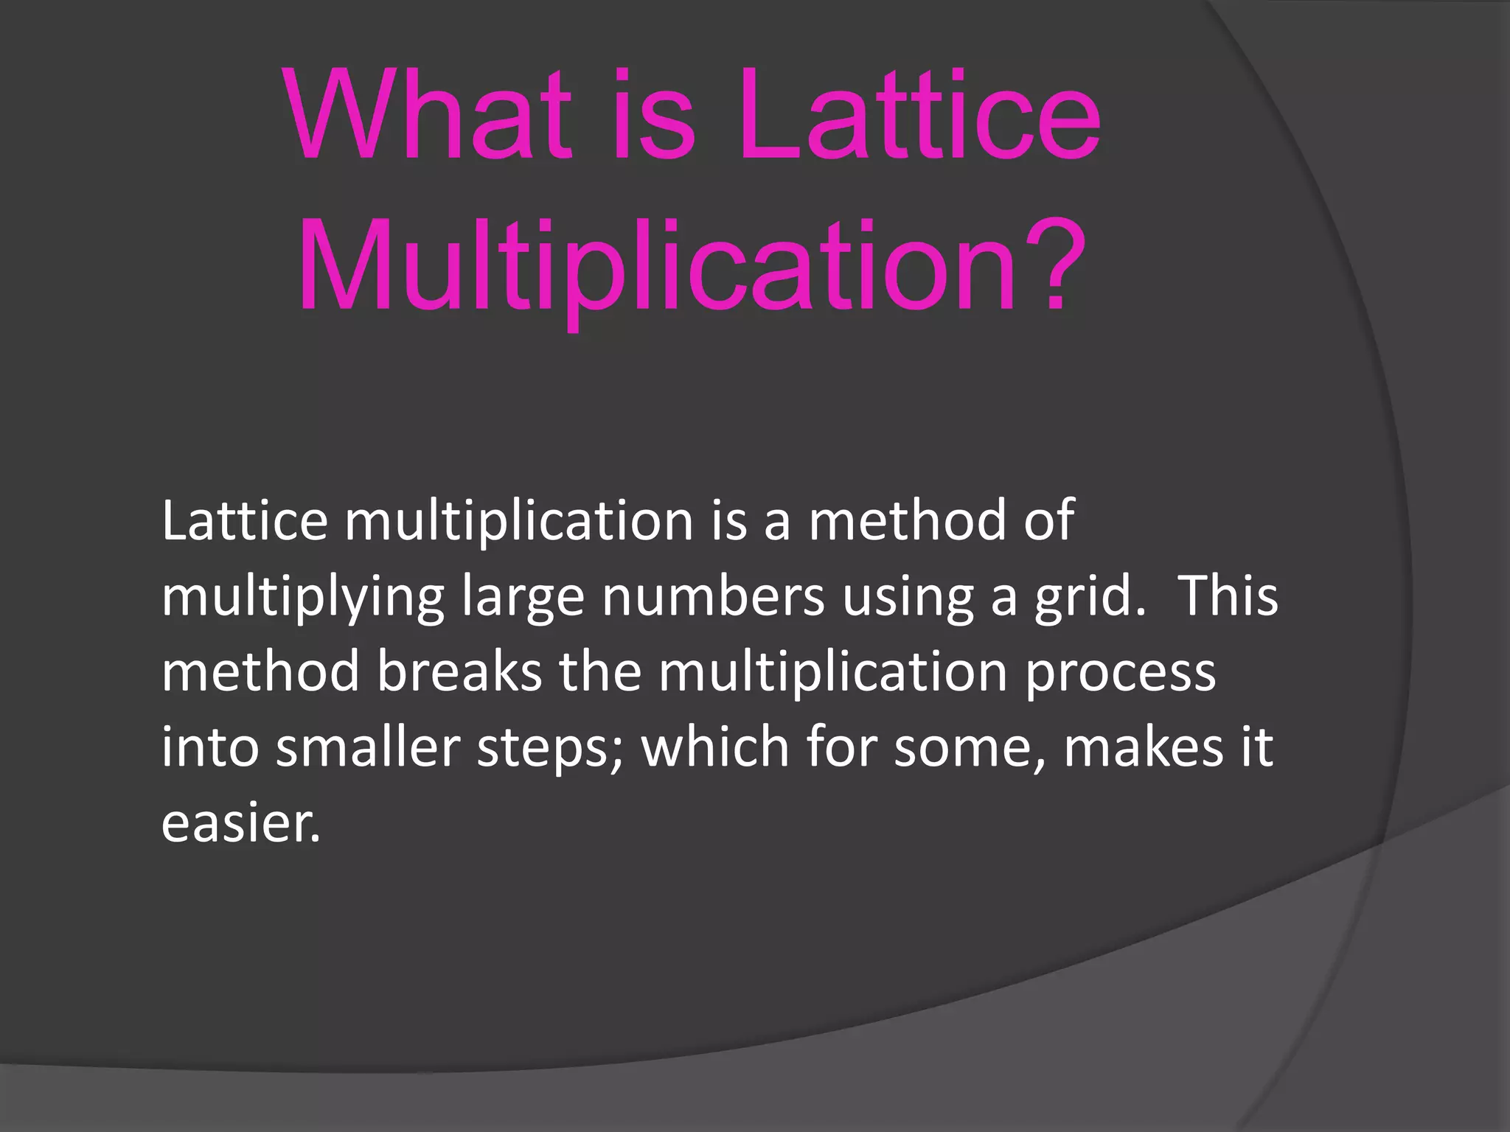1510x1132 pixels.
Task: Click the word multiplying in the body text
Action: pos(303,598)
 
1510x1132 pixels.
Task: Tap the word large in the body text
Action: pos(523,598)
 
